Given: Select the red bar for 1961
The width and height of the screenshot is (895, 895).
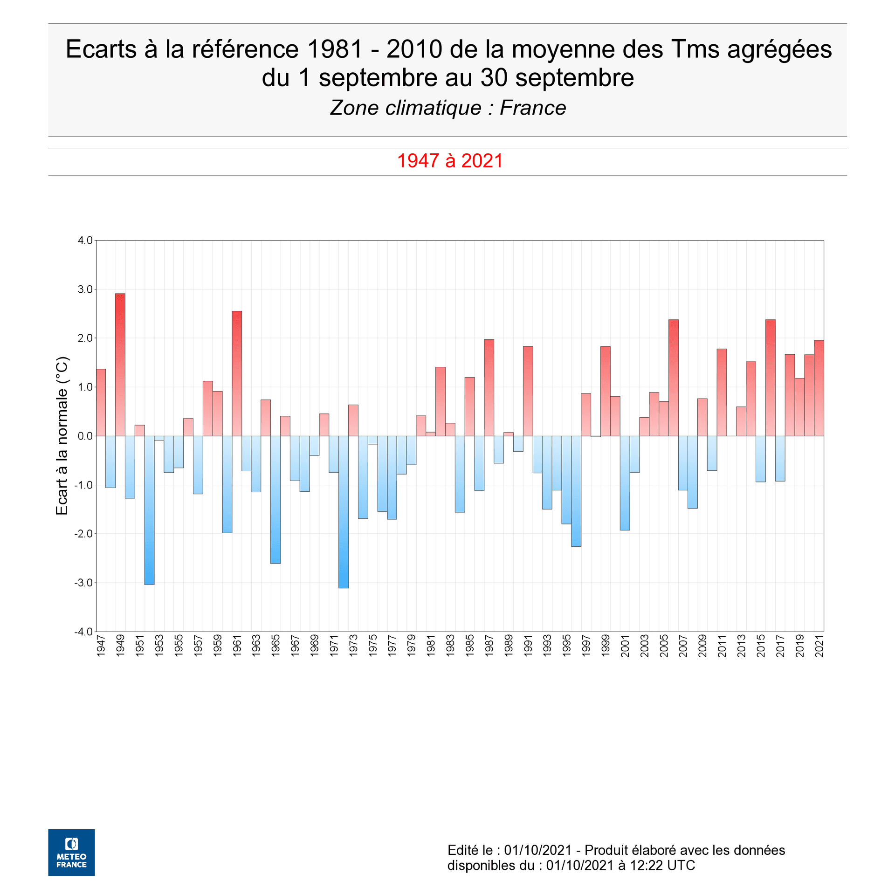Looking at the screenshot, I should (237, 373).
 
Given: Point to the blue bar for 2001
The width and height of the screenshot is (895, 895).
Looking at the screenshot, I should (625, 483).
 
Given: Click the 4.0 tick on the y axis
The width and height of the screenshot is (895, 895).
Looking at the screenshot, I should (85, 241).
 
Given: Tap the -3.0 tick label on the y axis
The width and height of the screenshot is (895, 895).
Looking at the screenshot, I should (83, 583).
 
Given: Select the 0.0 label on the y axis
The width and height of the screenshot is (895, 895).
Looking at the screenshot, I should (85, 436).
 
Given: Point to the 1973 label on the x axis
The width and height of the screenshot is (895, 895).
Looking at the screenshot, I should (353, 646).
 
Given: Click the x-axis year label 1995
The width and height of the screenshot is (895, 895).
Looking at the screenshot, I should (567, 646).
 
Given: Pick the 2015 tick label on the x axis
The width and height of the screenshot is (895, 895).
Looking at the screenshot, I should (761, 646).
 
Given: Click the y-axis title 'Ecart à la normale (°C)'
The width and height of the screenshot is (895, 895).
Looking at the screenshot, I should (62, 436).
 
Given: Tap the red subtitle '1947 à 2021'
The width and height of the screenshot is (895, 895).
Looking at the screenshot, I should (450, 161).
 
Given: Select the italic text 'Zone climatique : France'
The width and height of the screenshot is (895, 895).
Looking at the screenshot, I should (447, 108).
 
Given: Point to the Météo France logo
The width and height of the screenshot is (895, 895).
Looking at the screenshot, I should (71, 853).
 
